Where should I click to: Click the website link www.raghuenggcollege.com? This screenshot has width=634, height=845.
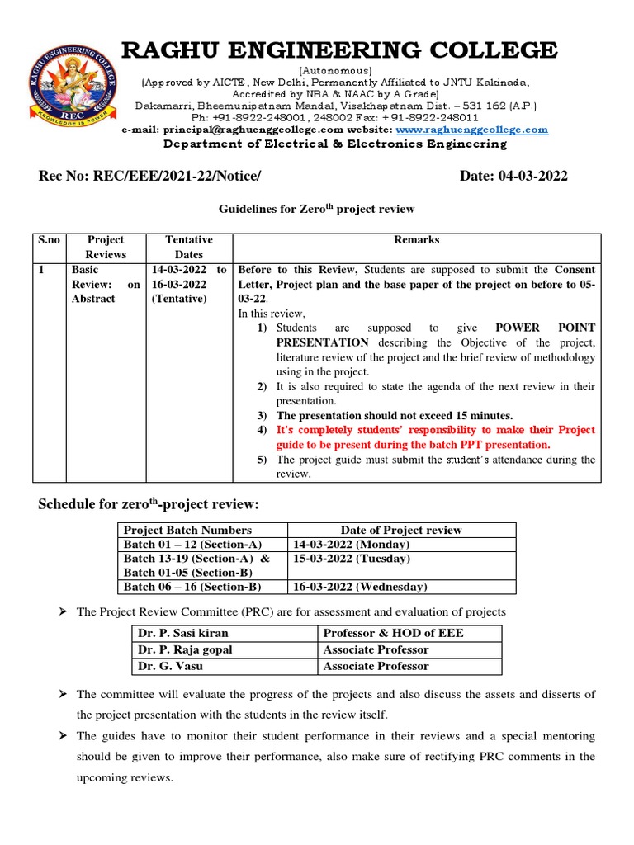pyautogui.click(x=472, y=130)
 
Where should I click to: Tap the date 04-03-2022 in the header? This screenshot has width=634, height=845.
pyautogui.click(x=513, y=176)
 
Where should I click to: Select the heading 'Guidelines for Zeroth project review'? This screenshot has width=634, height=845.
pyautogui.click(x=316, y=210)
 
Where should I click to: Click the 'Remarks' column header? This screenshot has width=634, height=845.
pyautogui.click(x=416, y=240)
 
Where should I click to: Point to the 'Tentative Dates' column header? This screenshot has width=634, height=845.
pyautogui.click(x=189, y=247)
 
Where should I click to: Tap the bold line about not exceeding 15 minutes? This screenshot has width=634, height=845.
pyautogui.click(x=395, y=415)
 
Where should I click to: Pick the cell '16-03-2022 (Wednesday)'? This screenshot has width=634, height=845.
pyautogui.click(x=359, y=587)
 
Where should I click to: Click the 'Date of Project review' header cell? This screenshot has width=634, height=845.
pyautogui.click(x=401, y=530)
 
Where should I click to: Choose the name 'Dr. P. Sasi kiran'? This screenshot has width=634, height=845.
pyautogui.click(x=183, y=633)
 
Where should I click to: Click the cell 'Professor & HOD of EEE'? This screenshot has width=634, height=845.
pyautogui.click(x=393, y=633)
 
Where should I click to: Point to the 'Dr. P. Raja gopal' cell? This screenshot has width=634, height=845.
pyautogui.click(x=185, y=649)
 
